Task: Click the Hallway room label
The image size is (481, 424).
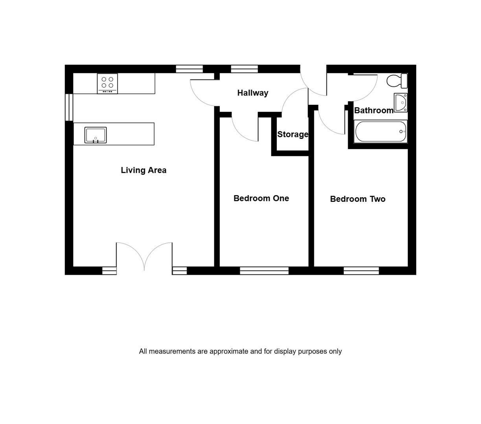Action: (x=252, y=93)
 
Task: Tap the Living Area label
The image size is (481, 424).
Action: (x=144, y=170)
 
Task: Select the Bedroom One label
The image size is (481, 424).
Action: (x=261, y=198)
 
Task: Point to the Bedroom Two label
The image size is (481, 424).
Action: (x=358, y=199)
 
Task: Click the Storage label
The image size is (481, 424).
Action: (x=293, y=134)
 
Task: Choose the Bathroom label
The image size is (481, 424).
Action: (x=374, y=110)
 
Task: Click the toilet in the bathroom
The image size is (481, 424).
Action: (x=397, y=81)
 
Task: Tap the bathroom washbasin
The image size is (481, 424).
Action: (x=401, y=102)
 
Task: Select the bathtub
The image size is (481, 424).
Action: (x=381, y=132)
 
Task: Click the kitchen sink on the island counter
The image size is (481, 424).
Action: (x=96, y=135)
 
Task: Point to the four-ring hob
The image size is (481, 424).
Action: (x=107, y=83)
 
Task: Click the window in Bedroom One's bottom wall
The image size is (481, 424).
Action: (x=264, y=270)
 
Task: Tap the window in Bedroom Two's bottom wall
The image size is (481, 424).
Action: (x=361, y=270)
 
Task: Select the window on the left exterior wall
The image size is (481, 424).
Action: (x=69, y=107)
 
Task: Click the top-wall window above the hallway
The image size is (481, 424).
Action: (x=244, y=69)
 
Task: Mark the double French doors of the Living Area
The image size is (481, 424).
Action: (x=144, y=257)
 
